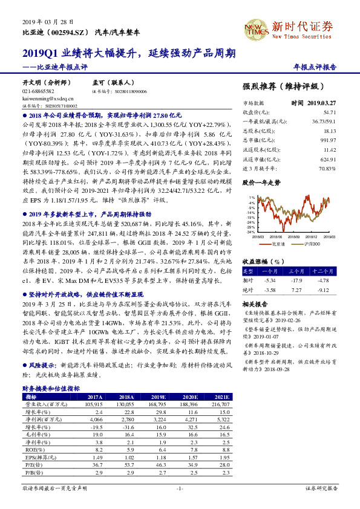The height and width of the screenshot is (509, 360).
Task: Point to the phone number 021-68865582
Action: click(x=38, y=91)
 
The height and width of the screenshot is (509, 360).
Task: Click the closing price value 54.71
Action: click(x=330, y=112)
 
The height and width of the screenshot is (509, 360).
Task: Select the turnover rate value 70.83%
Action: click(x=327, y=167)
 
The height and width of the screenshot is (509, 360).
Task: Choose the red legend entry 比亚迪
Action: click(x=278, y=244)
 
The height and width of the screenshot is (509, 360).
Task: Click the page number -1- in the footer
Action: click(x=180, y=488)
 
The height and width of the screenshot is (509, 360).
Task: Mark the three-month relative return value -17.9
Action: click(x=296, y=280)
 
